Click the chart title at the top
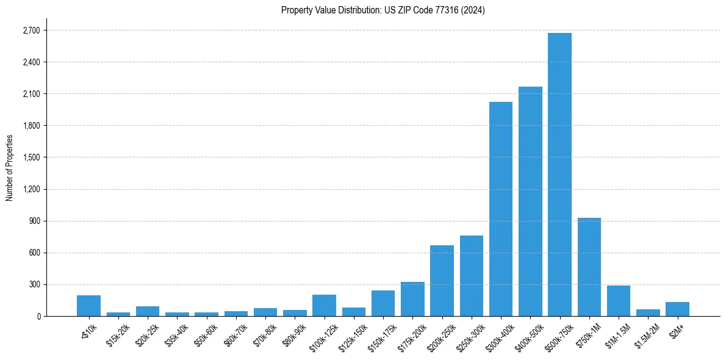383,10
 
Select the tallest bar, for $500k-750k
559,175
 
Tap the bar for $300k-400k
501,209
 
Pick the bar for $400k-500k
530,201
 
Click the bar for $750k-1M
589,267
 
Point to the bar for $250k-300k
471,276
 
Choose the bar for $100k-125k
324,305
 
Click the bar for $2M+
677,309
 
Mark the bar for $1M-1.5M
619,301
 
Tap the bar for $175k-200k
412,299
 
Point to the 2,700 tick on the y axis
31,31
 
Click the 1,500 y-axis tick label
31,157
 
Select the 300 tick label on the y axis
34,284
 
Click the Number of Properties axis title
10,167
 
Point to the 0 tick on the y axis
38,316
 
